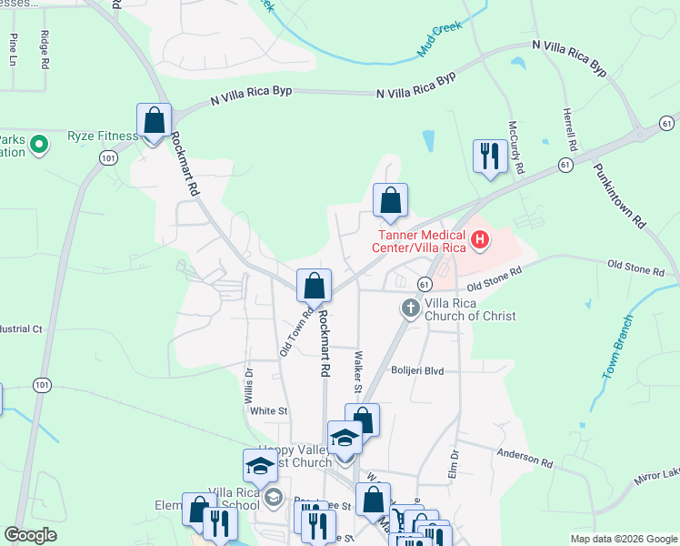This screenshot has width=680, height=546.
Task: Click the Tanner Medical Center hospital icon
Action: pos(478,241)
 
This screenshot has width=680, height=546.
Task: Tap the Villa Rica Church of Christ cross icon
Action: pos(409,308)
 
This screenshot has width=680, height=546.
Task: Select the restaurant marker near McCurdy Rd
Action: pos(488,157)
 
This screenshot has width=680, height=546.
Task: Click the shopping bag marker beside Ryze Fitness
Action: pos(154,121)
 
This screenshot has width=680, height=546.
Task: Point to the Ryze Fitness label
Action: pos(103,136)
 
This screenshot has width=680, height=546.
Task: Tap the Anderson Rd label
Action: pos(525,461)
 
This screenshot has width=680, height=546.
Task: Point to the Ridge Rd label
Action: pos(44,50)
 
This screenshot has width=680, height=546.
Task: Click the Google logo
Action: pos(30,535)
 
